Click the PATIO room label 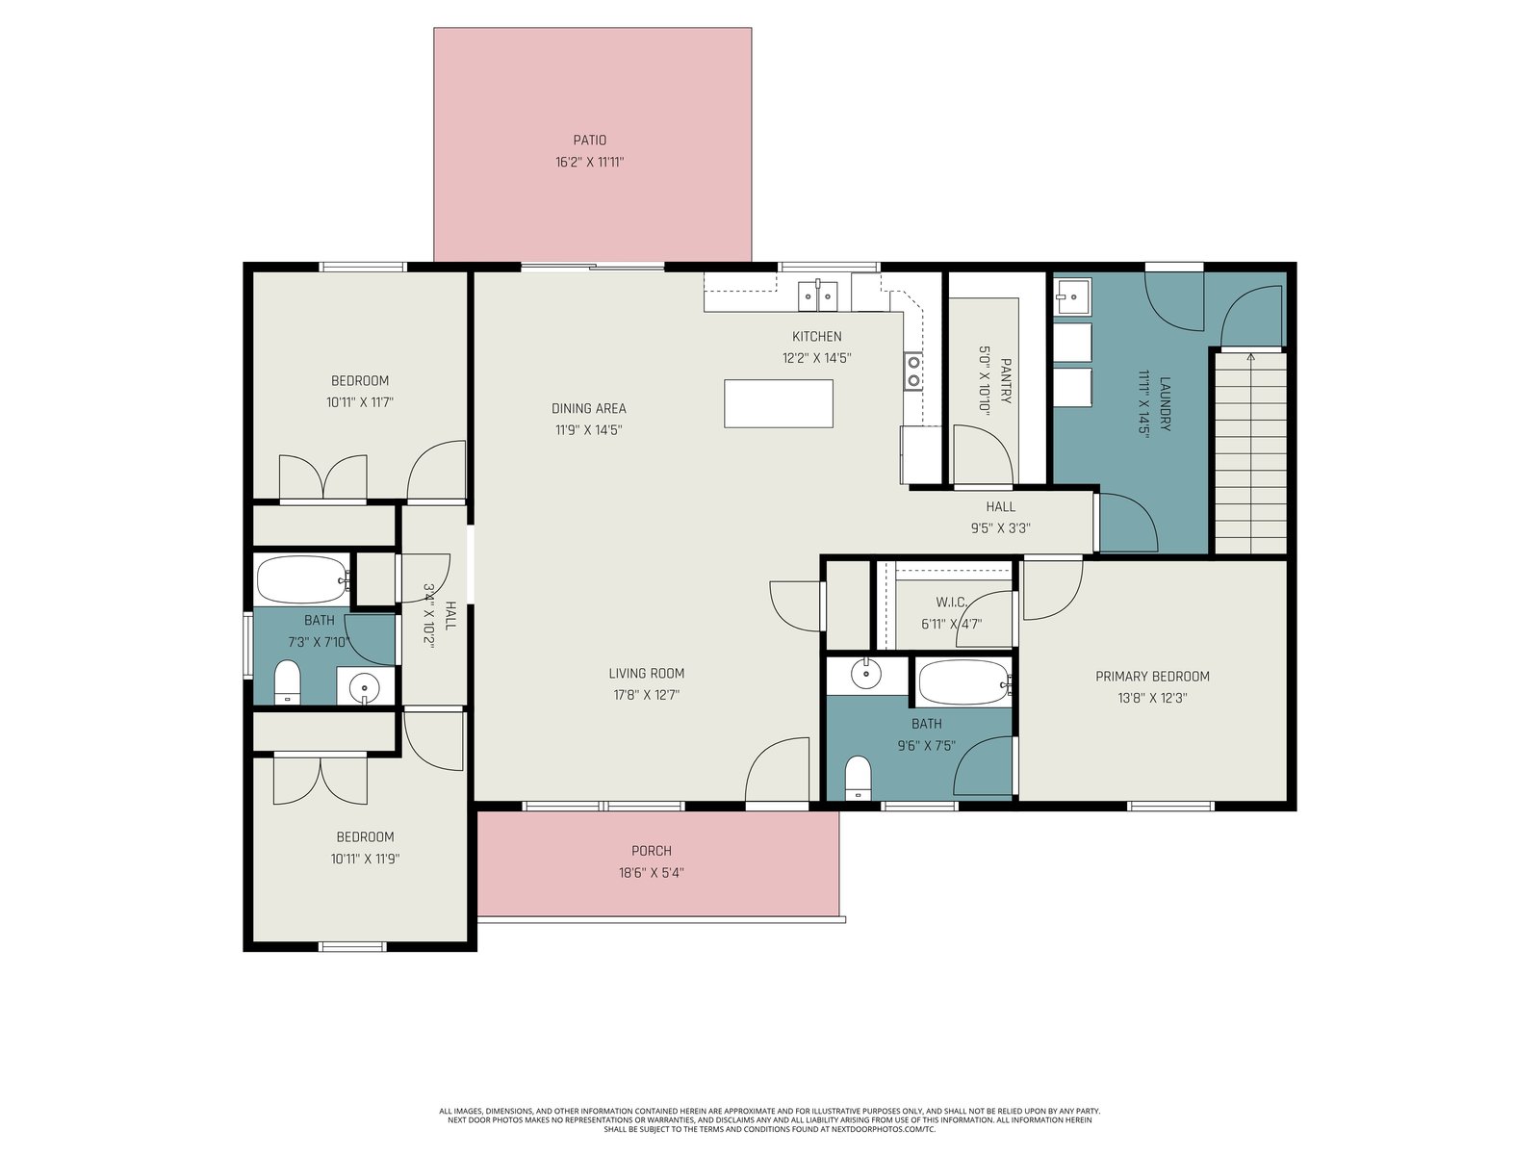(589, 141)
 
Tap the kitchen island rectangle (778, 403)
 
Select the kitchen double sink (817, 295)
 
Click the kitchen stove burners (913, 371)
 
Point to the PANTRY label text (1006, 381)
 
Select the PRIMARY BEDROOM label (1152, 676)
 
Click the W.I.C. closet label (951, 602)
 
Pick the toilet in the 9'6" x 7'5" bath (858, 777)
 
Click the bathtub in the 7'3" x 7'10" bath (303, 580)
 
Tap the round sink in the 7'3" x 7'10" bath (364, 685)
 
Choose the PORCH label (651, 851)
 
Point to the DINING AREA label (589, 408)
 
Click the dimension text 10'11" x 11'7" (360, 402)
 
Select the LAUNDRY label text (1166, 404)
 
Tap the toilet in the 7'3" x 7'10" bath (287, 681)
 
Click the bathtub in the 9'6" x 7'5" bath (965, 682)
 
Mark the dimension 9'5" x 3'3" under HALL (1000, 528)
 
